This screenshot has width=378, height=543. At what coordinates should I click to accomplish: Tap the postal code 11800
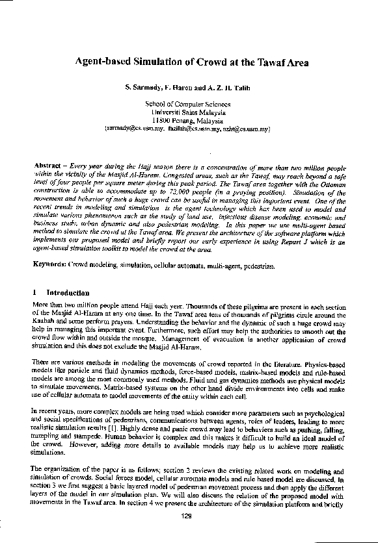(x=161, y=120)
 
